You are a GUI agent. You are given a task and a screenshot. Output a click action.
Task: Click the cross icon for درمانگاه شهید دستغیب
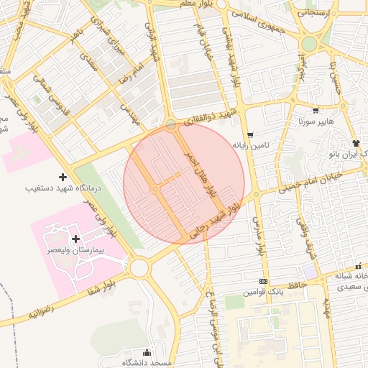pyautogui.click(x=63, y=176)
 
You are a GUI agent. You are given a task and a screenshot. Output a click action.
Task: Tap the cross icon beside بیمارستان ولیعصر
pyautogui.click(x=76, y=238)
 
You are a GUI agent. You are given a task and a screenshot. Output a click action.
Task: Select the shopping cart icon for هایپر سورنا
pyautogui.click(x=315, y=111)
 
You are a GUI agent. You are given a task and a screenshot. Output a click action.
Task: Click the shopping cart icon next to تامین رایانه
pyautogui.click(x=250, y=135)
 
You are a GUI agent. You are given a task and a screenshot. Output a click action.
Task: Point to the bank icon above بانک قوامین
pyautogui.click(x=263, y=281)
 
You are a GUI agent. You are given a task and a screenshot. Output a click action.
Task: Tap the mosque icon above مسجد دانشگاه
pyautogui.click(x=148, y=352)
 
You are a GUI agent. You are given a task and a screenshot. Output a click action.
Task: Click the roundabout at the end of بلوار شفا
pyautogui.click(x=139, y=267)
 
